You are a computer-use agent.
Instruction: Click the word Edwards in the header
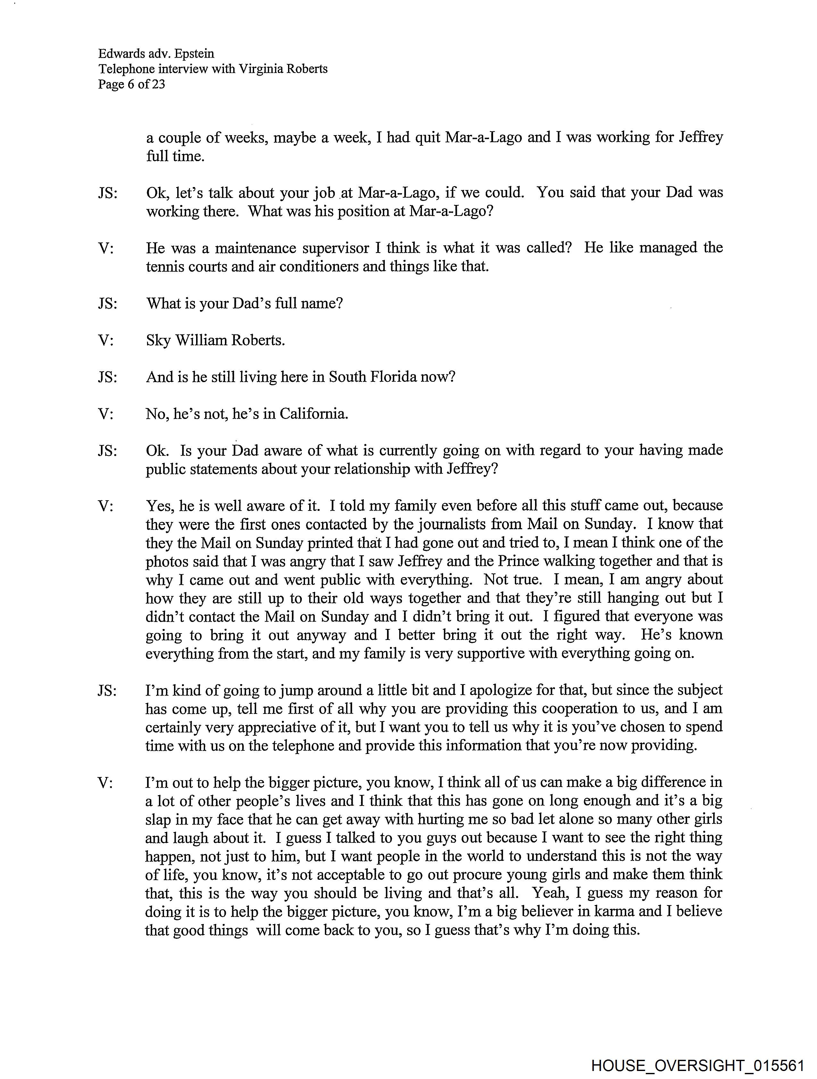click(121, 54)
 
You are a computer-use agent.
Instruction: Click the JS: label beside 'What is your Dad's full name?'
click(107, 303)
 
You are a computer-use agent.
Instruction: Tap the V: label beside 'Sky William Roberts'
click(106, 340)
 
